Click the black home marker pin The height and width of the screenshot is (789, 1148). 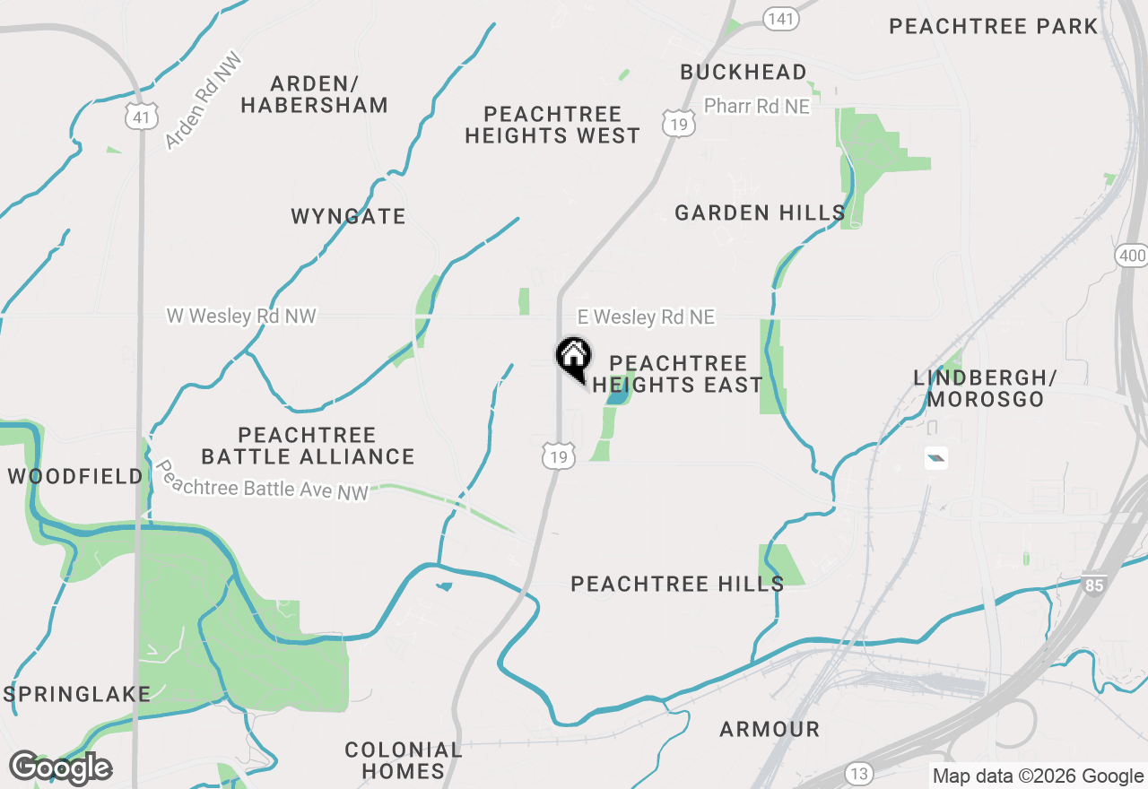pyautogui.click(x=573, y=357)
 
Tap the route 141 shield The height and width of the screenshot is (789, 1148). pyautogui.click(x=781, y=19)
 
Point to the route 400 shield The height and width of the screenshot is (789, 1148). pyautogui.click(x=1132, y=256)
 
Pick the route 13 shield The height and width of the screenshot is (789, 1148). pyautogui.click(x=858, y=772)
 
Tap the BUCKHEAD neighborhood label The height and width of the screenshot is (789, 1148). pyautogui.click(x=743, y=72)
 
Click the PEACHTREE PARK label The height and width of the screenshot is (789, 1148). pyautogui.click(x=993, y=26)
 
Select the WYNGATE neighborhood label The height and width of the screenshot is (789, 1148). pyautogui.click(x=348, y=216)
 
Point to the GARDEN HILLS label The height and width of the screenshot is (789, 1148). pyautogui.click(x=760, y=212)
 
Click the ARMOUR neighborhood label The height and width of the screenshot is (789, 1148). pyautogui.click(x=770, y=730)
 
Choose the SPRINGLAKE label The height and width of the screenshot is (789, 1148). pyautogui.click(x=76, y=694)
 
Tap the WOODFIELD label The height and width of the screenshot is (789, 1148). pyautogui.click(x=75, y=476)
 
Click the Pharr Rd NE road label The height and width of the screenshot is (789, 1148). pyautogui.click(x=756, y=107)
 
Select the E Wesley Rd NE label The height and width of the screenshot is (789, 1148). pyautogui.click(x=646, y=317)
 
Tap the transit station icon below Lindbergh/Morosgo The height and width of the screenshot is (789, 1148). pyautogui.click(x=935, y=458)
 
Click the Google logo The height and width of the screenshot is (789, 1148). pyautogui.click(x=60, y=767)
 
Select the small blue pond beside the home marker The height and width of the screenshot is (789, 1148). pyautogui.click(x=617, y=394)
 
